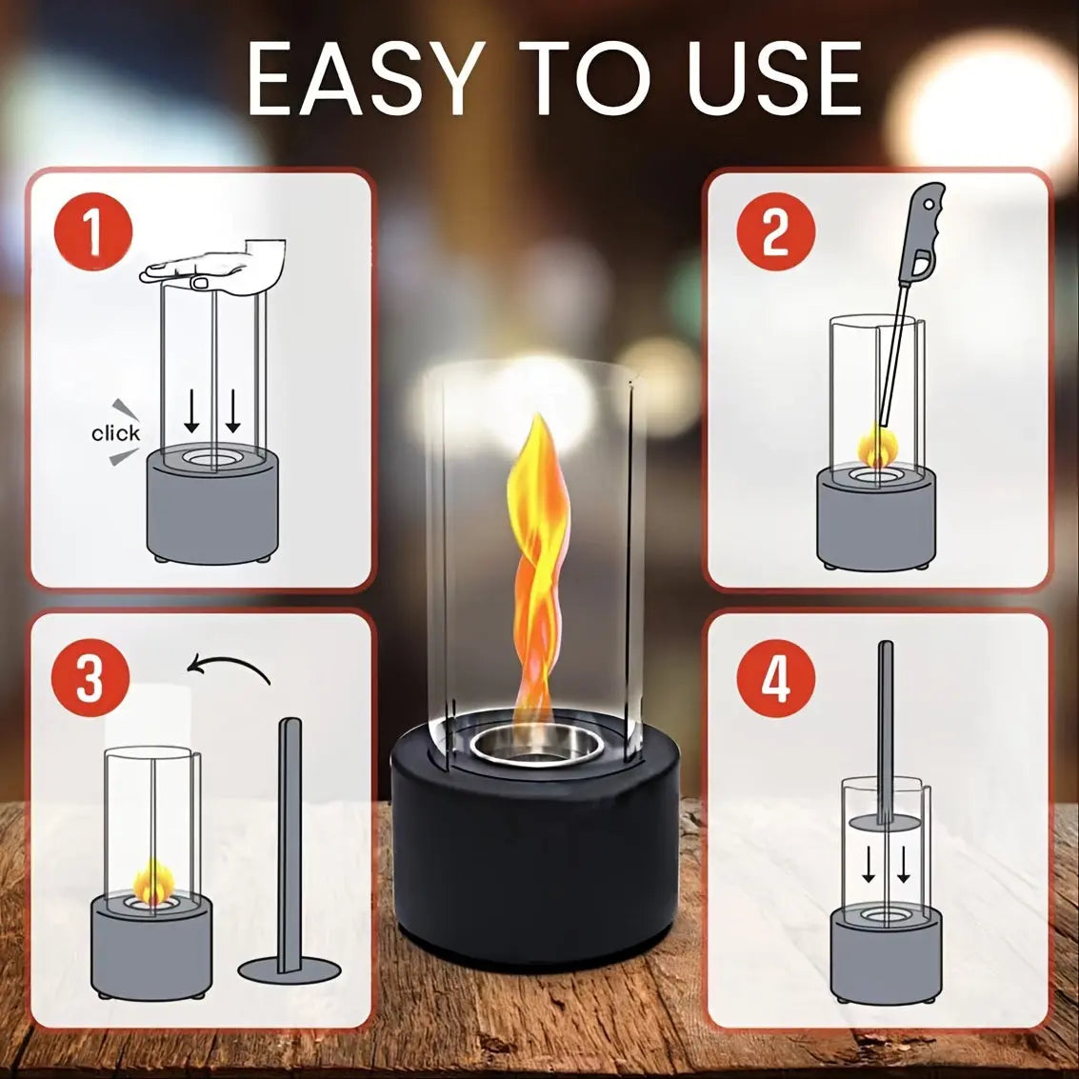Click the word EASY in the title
click(x=362, y=80)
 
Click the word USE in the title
click(x=773, y=80)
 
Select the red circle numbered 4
click(x=776, y=679)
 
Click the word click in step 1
click(x=115, y=433)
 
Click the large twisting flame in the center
click(x=538, y=571)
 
